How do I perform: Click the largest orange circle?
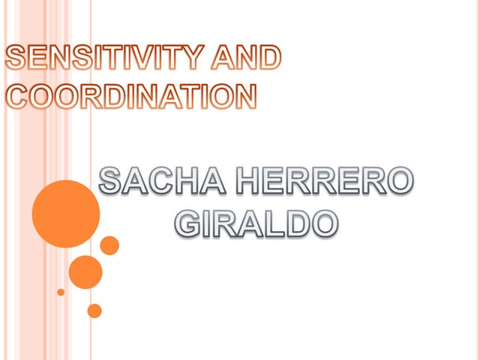point(66,214)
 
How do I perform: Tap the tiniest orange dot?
point(61,292)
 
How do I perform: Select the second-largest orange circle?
point(85,271)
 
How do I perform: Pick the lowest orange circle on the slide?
point(94,310)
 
